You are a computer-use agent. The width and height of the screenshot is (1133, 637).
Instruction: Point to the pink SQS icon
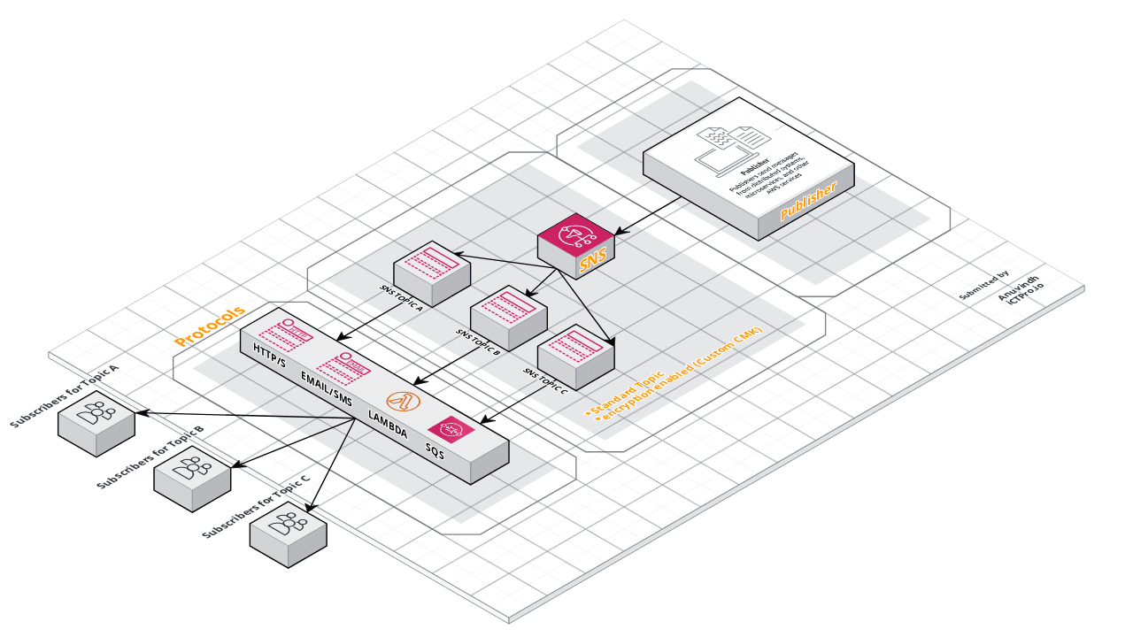click(x=451, y=428)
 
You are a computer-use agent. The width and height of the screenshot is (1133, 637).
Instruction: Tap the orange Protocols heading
click(x=209, y=326)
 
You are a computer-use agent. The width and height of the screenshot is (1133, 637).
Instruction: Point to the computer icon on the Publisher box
click(x=721, y=150)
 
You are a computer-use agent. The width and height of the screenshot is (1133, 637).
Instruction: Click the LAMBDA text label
click(x=388, y=421)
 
